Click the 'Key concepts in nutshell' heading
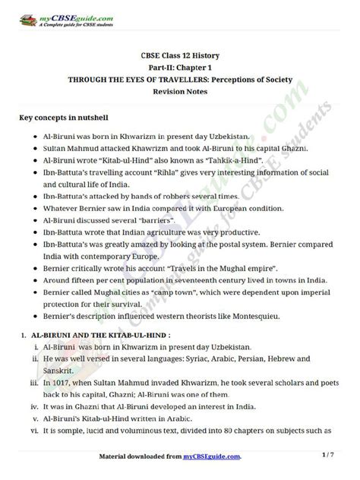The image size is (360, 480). click(67, 119)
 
